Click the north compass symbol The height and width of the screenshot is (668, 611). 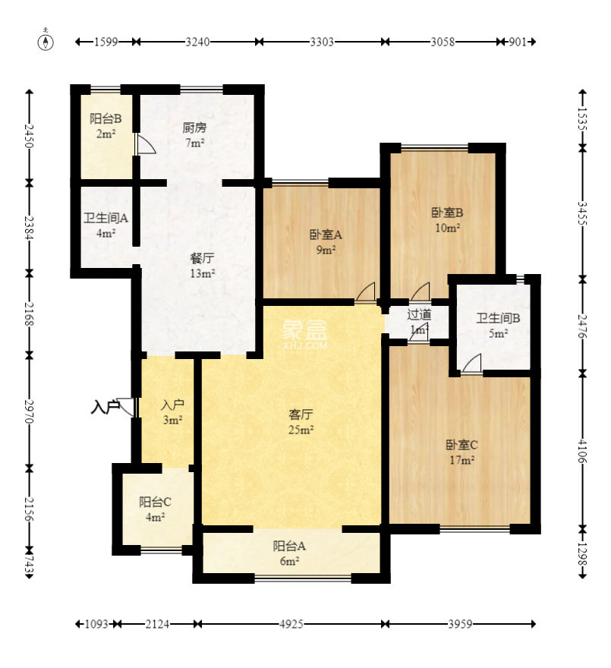tap(46, 41)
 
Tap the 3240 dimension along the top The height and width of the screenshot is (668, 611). tap(197, 42)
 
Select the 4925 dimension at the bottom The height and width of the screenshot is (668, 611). tap(291, 624)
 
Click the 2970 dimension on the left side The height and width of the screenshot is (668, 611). tap(29, 411)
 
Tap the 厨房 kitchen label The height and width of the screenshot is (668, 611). tap(194, 128)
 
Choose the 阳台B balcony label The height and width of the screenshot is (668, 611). tap(106, 118)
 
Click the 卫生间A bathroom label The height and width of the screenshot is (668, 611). tap(106, 218)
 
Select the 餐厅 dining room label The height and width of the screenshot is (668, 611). tap(202, 258)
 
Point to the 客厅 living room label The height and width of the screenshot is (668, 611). tap(301, 414)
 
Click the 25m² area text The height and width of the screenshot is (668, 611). tap(301, 430)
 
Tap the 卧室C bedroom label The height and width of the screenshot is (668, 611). tap(462, 445)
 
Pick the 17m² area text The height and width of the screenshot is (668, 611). tap(462, 461)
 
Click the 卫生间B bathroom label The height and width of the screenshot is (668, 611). tap(498, 318)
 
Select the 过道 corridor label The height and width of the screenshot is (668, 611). tap(419, 314)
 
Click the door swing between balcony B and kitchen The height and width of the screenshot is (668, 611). tap(145, 144)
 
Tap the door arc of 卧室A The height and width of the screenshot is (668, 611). tap(365, 291)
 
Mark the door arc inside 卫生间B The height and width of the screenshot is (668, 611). tap(471, 363)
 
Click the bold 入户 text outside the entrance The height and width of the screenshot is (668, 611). tap(106, 408)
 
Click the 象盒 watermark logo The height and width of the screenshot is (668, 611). tap(304, 329)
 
